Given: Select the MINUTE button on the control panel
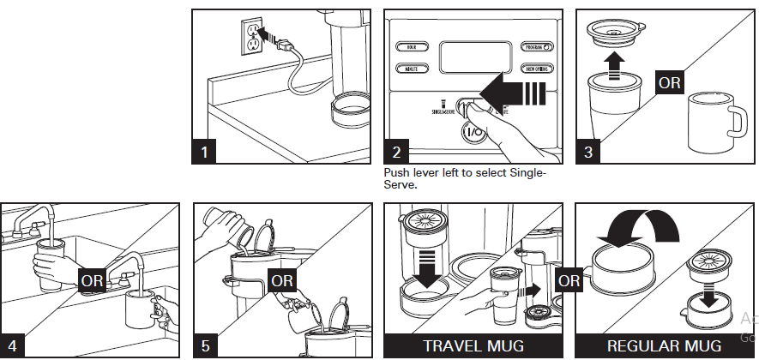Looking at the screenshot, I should point(412,68).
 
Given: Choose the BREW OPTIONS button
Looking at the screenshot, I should point(539,68).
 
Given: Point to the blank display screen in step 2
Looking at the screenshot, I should point(475,58).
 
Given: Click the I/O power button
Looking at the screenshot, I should point(473,133).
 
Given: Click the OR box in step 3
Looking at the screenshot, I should point(669,83).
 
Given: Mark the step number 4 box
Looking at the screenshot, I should point(12,345).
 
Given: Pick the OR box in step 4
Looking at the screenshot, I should point(92,279).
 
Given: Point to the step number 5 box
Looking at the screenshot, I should point(204,345).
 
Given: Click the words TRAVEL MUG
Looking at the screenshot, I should point(469,346).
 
